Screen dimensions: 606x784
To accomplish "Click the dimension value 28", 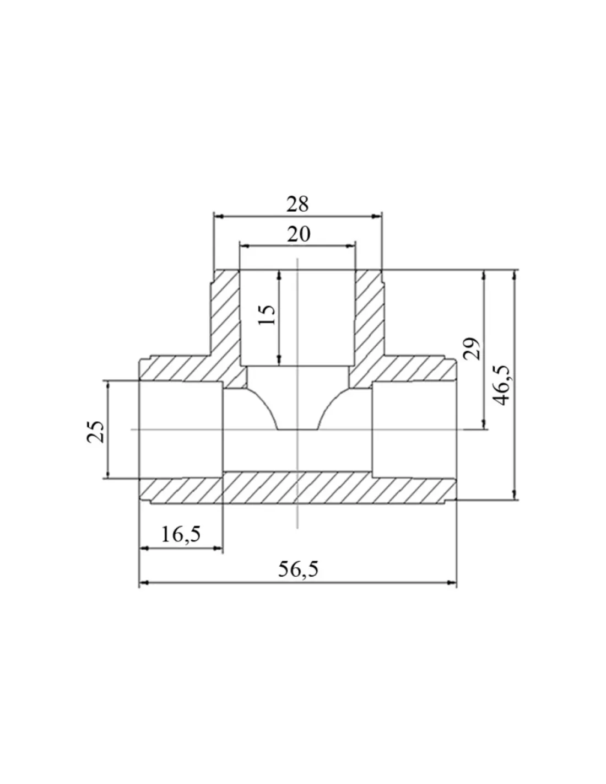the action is pos(297,204).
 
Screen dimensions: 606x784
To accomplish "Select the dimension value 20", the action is pos(299,234).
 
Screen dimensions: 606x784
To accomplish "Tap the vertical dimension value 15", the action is pos(267,315).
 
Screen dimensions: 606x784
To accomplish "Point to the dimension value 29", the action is pos(472,348).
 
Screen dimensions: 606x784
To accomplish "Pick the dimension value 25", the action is pos(95,432).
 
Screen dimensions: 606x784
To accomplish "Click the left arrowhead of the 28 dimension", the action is pos(219,217).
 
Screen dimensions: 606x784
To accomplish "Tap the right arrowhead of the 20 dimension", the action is pos(350,246).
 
